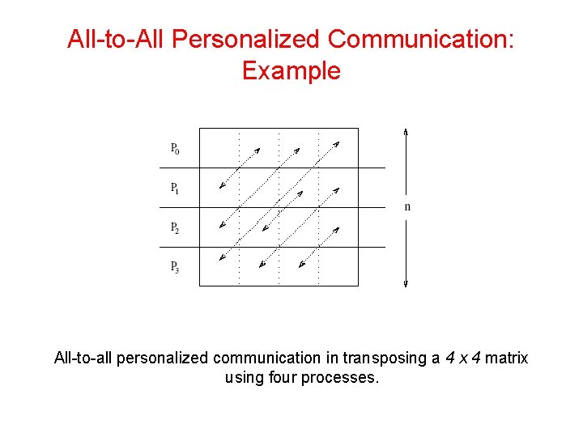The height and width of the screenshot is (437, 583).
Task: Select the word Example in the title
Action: click(x=291, y=71)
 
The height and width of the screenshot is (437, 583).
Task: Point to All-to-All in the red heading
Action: click(x=115, y=39)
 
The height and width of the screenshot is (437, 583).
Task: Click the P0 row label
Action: click(x=176, y=148)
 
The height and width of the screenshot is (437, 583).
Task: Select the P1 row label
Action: click(x=176, y=188)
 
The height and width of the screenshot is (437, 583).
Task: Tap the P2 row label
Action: click(x=176, y=227)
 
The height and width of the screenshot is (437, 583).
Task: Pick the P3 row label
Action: click(x=176, y=266)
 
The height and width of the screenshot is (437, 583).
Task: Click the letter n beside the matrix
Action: click(x=407, y=207)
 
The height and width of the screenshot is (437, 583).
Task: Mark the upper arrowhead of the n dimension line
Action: click(x=406, y=132)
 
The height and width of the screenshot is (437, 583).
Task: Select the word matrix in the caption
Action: click(x=506, y=358)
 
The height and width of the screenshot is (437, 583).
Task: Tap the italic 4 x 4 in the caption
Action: click(x=463, y=358)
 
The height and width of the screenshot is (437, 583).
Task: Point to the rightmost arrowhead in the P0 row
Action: click(x=337, y=144)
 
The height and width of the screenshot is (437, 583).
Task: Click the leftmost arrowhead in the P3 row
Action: click(x=222, y=259)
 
